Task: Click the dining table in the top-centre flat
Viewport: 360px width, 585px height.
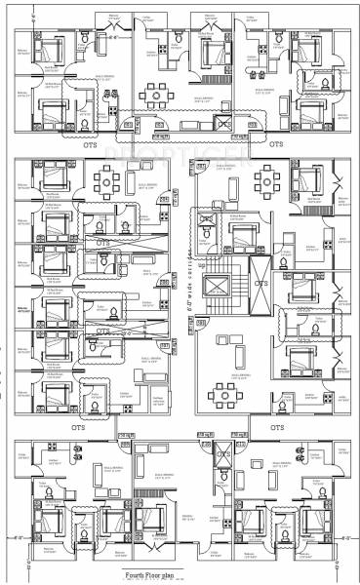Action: (154, 96)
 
